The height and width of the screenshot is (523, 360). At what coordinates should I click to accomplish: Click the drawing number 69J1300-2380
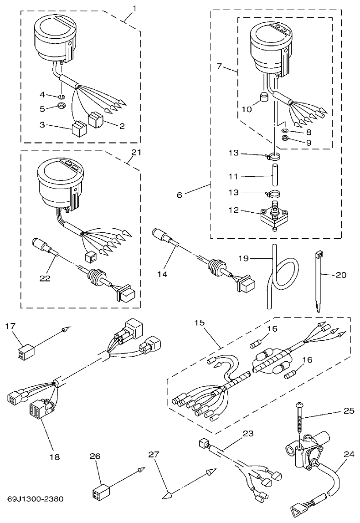tap(35, 498)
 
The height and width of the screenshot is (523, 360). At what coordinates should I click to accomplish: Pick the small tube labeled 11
tap(275, 175)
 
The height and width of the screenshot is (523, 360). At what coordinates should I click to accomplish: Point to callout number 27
tap(154, 455)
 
